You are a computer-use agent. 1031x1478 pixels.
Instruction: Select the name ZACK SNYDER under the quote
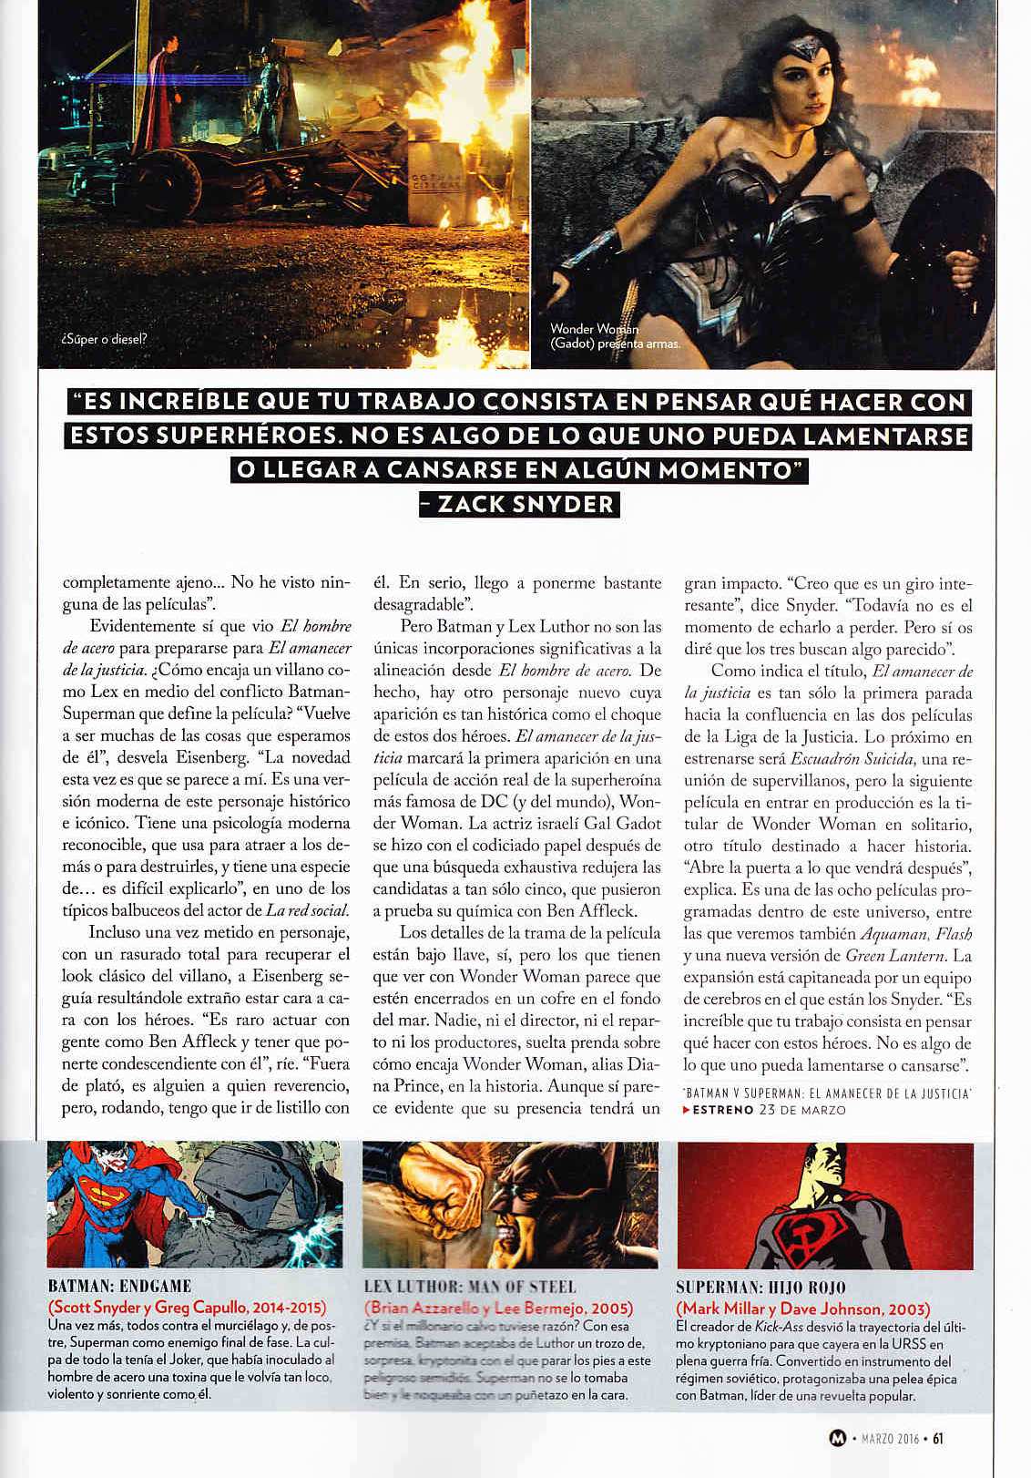tap(519, 504)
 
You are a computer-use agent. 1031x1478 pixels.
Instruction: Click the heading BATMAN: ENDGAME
tap(119, 1287)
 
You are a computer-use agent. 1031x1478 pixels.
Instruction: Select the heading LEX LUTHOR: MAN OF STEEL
tap(469, 1287)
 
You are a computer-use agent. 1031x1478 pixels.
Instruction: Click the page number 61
tap(937, 1441)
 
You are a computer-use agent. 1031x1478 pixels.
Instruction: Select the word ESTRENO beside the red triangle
tap(722, 1110)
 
